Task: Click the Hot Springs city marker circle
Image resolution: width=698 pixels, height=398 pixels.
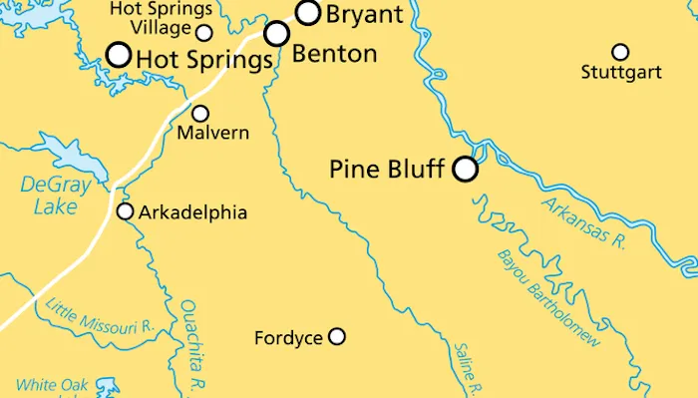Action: [x=119, y=54]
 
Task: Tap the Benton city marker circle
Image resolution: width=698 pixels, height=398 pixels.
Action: [x=277, y=34]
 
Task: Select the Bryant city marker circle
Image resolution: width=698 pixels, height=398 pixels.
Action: [x=309, y=13]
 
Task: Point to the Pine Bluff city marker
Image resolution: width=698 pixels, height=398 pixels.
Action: [x=465, y=170]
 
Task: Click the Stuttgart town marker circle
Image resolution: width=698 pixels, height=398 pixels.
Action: [x=620, y=52]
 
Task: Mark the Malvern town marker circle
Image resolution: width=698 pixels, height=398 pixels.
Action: [x=200, y=114]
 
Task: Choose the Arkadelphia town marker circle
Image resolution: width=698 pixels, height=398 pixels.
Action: [x=126, y=211]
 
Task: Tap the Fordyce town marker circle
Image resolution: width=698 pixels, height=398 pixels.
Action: [x=337, y=337]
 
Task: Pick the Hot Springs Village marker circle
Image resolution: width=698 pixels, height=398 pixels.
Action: [x=204, y=32]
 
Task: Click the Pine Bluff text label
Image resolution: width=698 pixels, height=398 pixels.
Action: [x=386, y=170]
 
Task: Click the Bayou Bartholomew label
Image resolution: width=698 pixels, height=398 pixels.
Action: [x=548, y=297]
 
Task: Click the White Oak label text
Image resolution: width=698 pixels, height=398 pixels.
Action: [x=52, y=385]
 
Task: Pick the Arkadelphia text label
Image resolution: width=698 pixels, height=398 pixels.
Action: [x=192, y=212]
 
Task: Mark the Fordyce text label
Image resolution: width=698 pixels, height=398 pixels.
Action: [x=288, y=338]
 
